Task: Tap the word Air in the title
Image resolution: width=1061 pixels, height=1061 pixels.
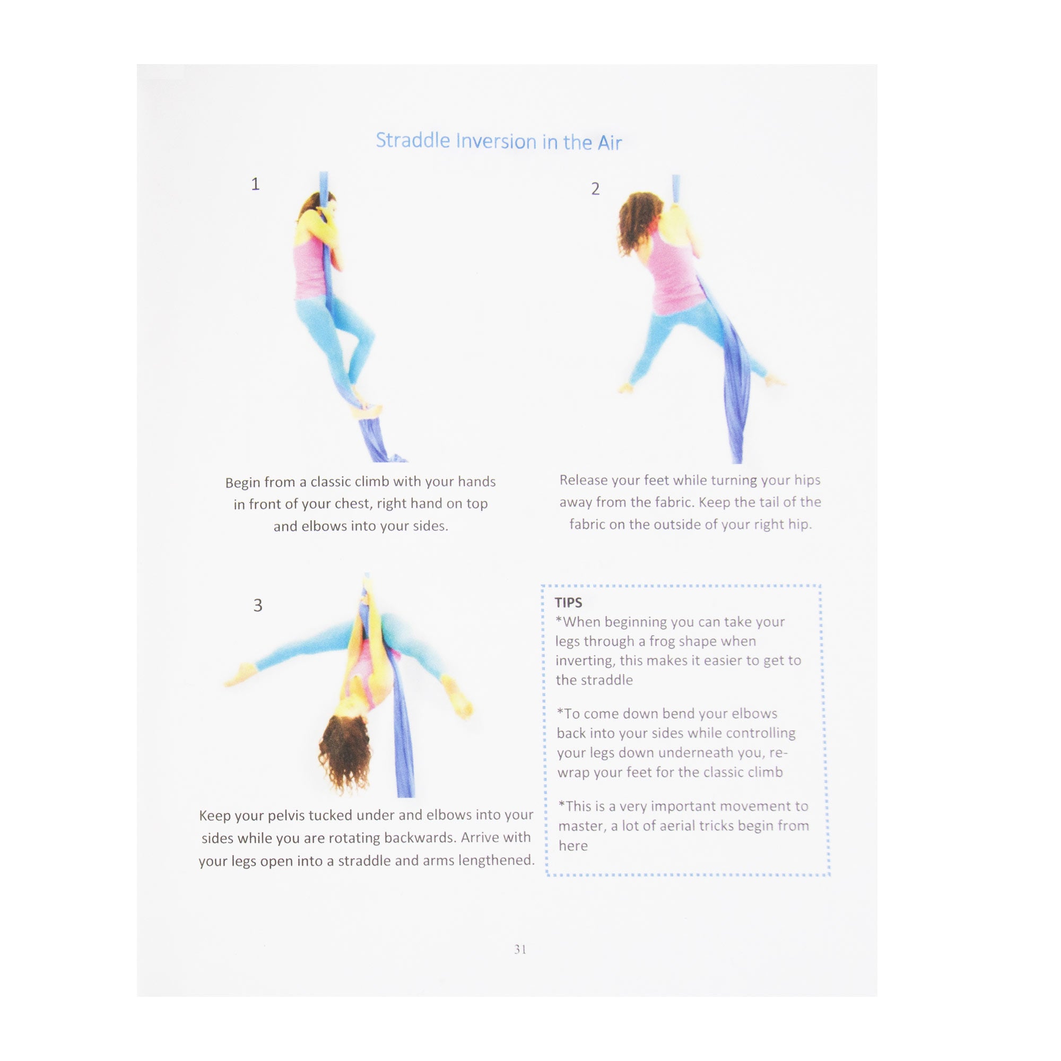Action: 610,143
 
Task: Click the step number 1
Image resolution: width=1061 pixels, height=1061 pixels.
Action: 255,184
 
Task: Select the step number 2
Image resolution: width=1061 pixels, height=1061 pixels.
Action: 595,189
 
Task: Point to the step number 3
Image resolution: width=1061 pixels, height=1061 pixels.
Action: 258,605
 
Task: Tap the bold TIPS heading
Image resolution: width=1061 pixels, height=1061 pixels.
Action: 568,603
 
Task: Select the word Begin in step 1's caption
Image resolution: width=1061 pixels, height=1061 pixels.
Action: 242,483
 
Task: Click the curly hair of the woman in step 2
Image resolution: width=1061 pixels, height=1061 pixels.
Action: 637,222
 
